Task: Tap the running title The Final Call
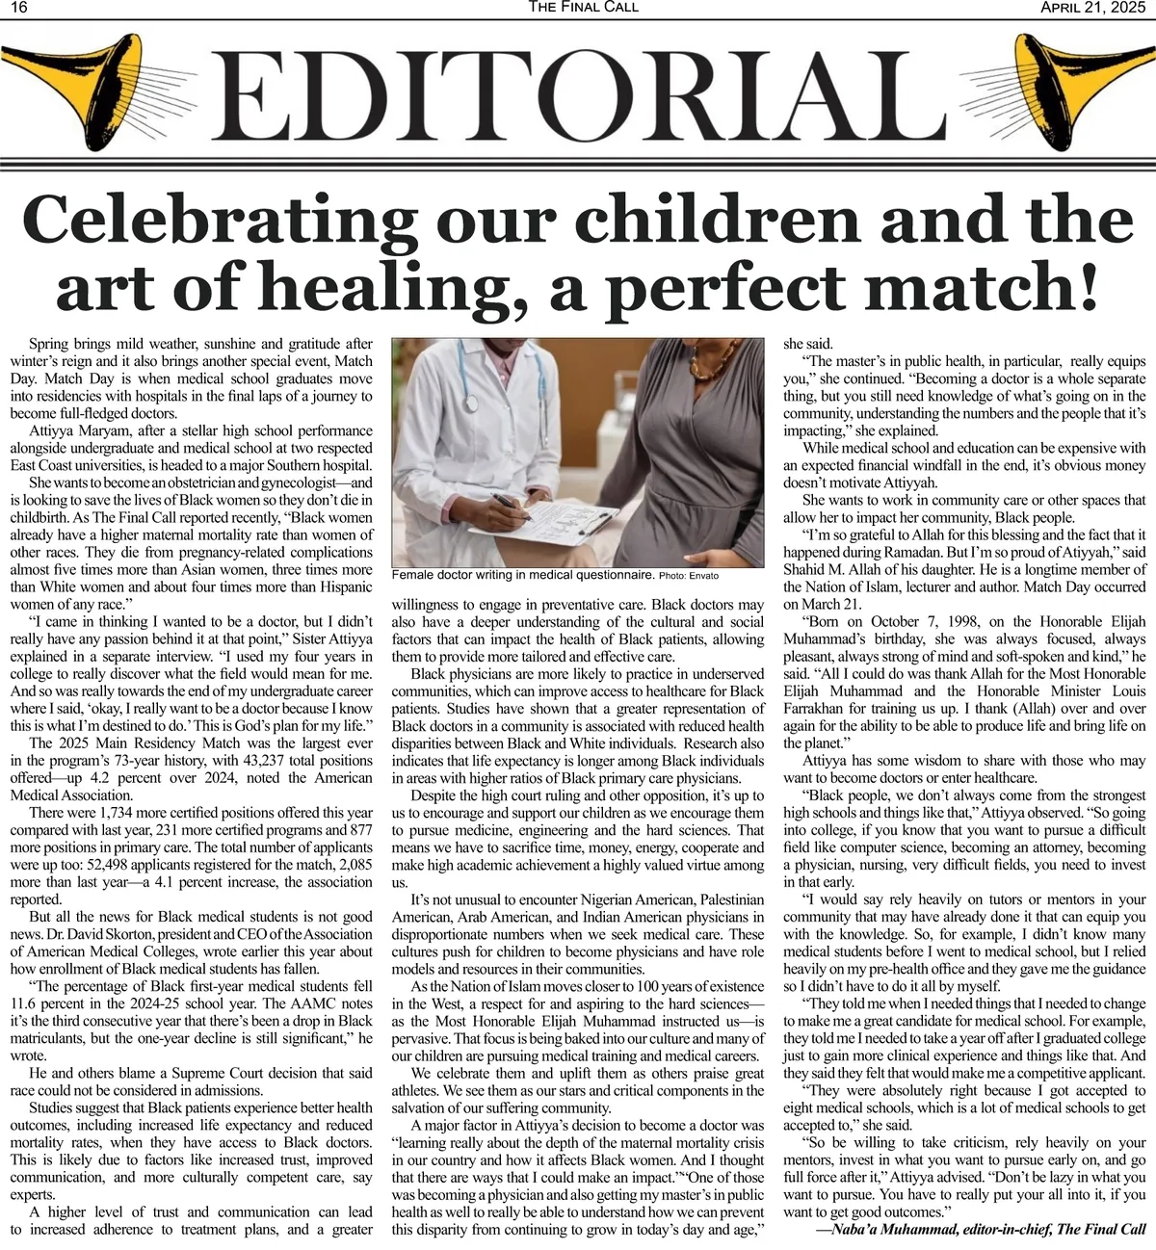pyautogui.click(x=584, y=8)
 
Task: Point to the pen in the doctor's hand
pyautogui.click(x=508, y=502)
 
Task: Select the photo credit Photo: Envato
pyautogui.click(x=688, y=576)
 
